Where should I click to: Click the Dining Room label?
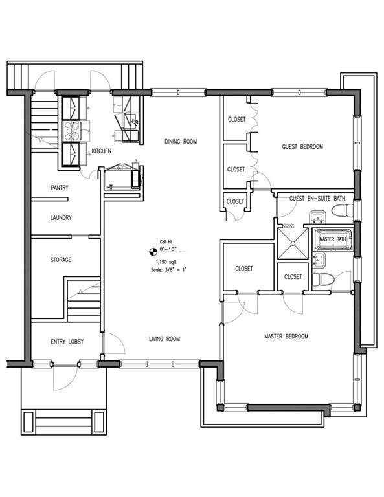pyautogui.click(x=181, y=141)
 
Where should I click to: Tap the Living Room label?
pyautogui.click(x=164, y=339)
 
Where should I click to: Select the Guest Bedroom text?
pyautogui.click(x=302, y=146)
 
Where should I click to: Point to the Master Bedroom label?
pyautogui.click(x=286, y=337)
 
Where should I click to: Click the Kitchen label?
pyautogui.click(x=102, y=151)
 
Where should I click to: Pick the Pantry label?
pyautogui.click(x=60, y=188)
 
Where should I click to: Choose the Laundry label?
pyautogui.click(x=61, y=217)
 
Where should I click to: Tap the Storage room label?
pyautogui.click(x=61, y=260)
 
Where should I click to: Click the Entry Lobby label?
pyautogui.click(x=67, y=342)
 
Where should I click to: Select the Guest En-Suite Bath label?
pyautogui.click(x=317, y=199)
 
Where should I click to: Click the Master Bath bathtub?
pyautogui.click(x=332, y=239)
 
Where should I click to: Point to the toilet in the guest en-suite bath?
pyautogui.click(x=342, y=210)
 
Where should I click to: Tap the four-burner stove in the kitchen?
pyautogui.click(x=72, y=131)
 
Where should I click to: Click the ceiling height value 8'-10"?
pyautogui.click(x=168, y=249)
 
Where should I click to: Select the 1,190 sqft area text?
pyautogui.click(x=166, y=262)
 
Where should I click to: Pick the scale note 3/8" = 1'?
pyautogui.click(x=168, y=270)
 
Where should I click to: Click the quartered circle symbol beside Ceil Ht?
pyautogui.click(x=153, y=252)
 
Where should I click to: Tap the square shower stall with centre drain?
pyautogui.click(x=293, y=244)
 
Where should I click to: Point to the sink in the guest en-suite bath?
pyautogui.click(x=318, y=217)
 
